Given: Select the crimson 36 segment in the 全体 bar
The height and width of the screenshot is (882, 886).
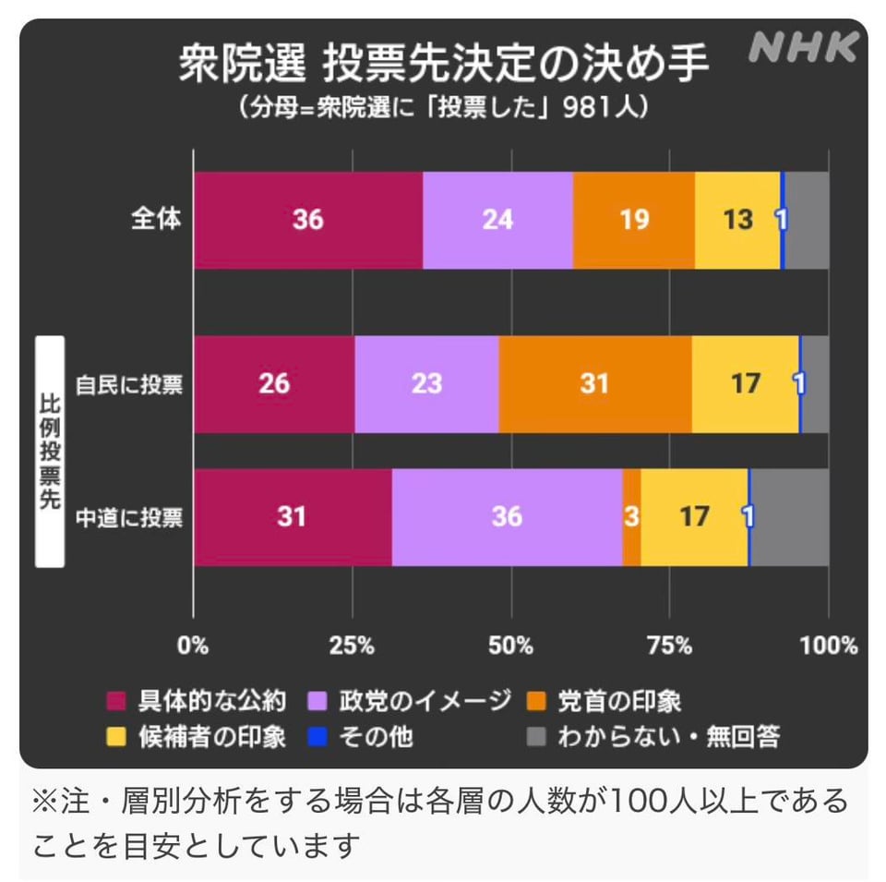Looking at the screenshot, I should (308, 221).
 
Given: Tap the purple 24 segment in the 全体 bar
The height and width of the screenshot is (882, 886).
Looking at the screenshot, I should (497, 221).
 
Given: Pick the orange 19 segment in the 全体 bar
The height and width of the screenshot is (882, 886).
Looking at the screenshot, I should (633, 221).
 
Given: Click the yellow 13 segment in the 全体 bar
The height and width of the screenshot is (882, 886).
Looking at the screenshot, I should (737, 221).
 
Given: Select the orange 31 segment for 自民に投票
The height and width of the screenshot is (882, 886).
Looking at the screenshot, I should (594, 383).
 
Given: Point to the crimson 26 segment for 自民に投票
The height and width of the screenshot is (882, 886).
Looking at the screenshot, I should (274, 383).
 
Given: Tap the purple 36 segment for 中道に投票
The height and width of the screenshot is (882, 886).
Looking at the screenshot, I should (507, 516).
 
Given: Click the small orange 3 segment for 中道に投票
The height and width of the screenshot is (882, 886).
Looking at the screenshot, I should (631, 516).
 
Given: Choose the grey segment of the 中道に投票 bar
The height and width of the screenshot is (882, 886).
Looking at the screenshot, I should (789, 516).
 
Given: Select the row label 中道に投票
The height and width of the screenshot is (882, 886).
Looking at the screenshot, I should (129, 517).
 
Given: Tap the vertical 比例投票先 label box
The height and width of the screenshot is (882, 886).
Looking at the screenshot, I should (49, 451).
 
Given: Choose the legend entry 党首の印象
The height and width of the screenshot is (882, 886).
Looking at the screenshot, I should (619, 701).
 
